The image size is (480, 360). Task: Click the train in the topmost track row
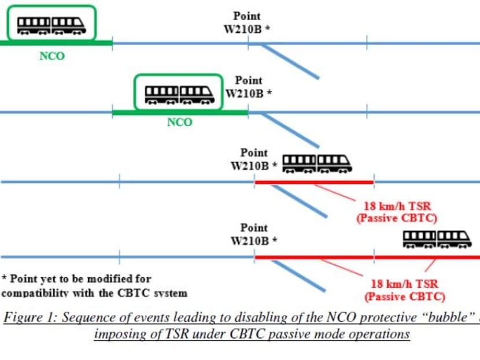tap(51, 25)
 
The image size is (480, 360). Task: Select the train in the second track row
tap(179, 94)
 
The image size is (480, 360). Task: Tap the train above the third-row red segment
tap(316, 163)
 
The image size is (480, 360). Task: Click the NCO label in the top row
tap(52, 56)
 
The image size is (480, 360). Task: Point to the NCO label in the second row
tap(179, 123)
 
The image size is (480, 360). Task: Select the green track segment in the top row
tap(56, 43)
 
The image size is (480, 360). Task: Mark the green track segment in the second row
tap(180, 112)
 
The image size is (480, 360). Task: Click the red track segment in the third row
tap(314, 182)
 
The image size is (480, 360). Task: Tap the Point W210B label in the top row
tap(247, 22)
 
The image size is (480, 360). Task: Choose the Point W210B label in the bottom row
tap(254, 234)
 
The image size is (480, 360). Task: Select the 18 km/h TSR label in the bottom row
tap(404, 290)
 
